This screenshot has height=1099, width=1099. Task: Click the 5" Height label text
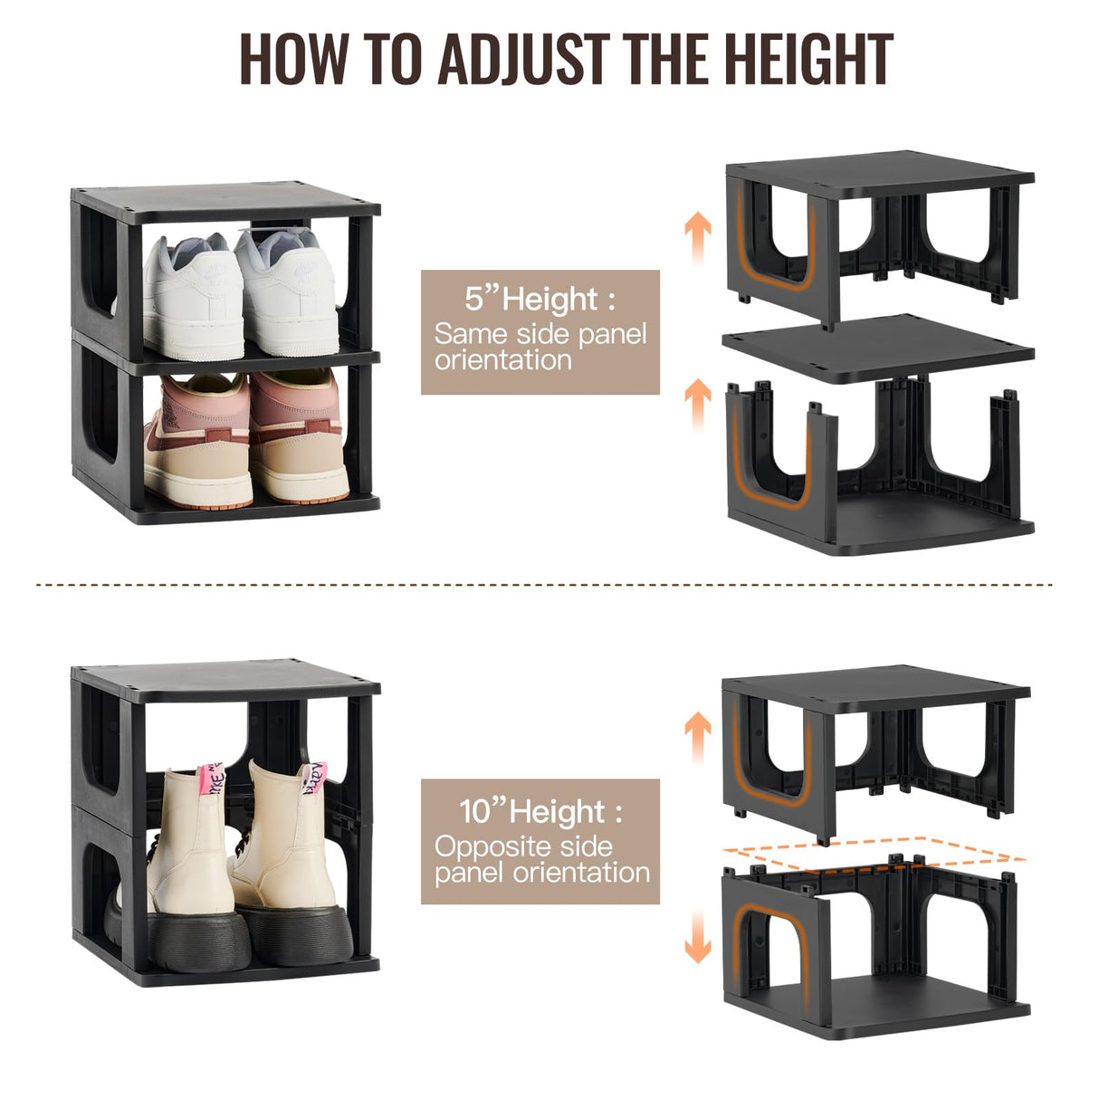click(540, 299)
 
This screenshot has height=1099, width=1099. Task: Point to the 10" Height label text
click(540, 811)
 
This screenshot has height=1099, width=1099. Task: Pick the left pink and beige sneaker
click(197, 441)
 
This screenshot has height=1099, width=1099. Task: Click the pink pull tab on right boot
click(313, 778)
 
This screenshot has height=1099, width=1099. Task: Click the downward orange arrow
click(697, 936)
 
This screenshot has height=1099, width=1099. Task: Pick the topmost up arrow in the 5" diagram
click(697, 237)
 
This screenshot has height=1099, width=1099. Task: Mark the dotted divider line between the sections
click(543, 585)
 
